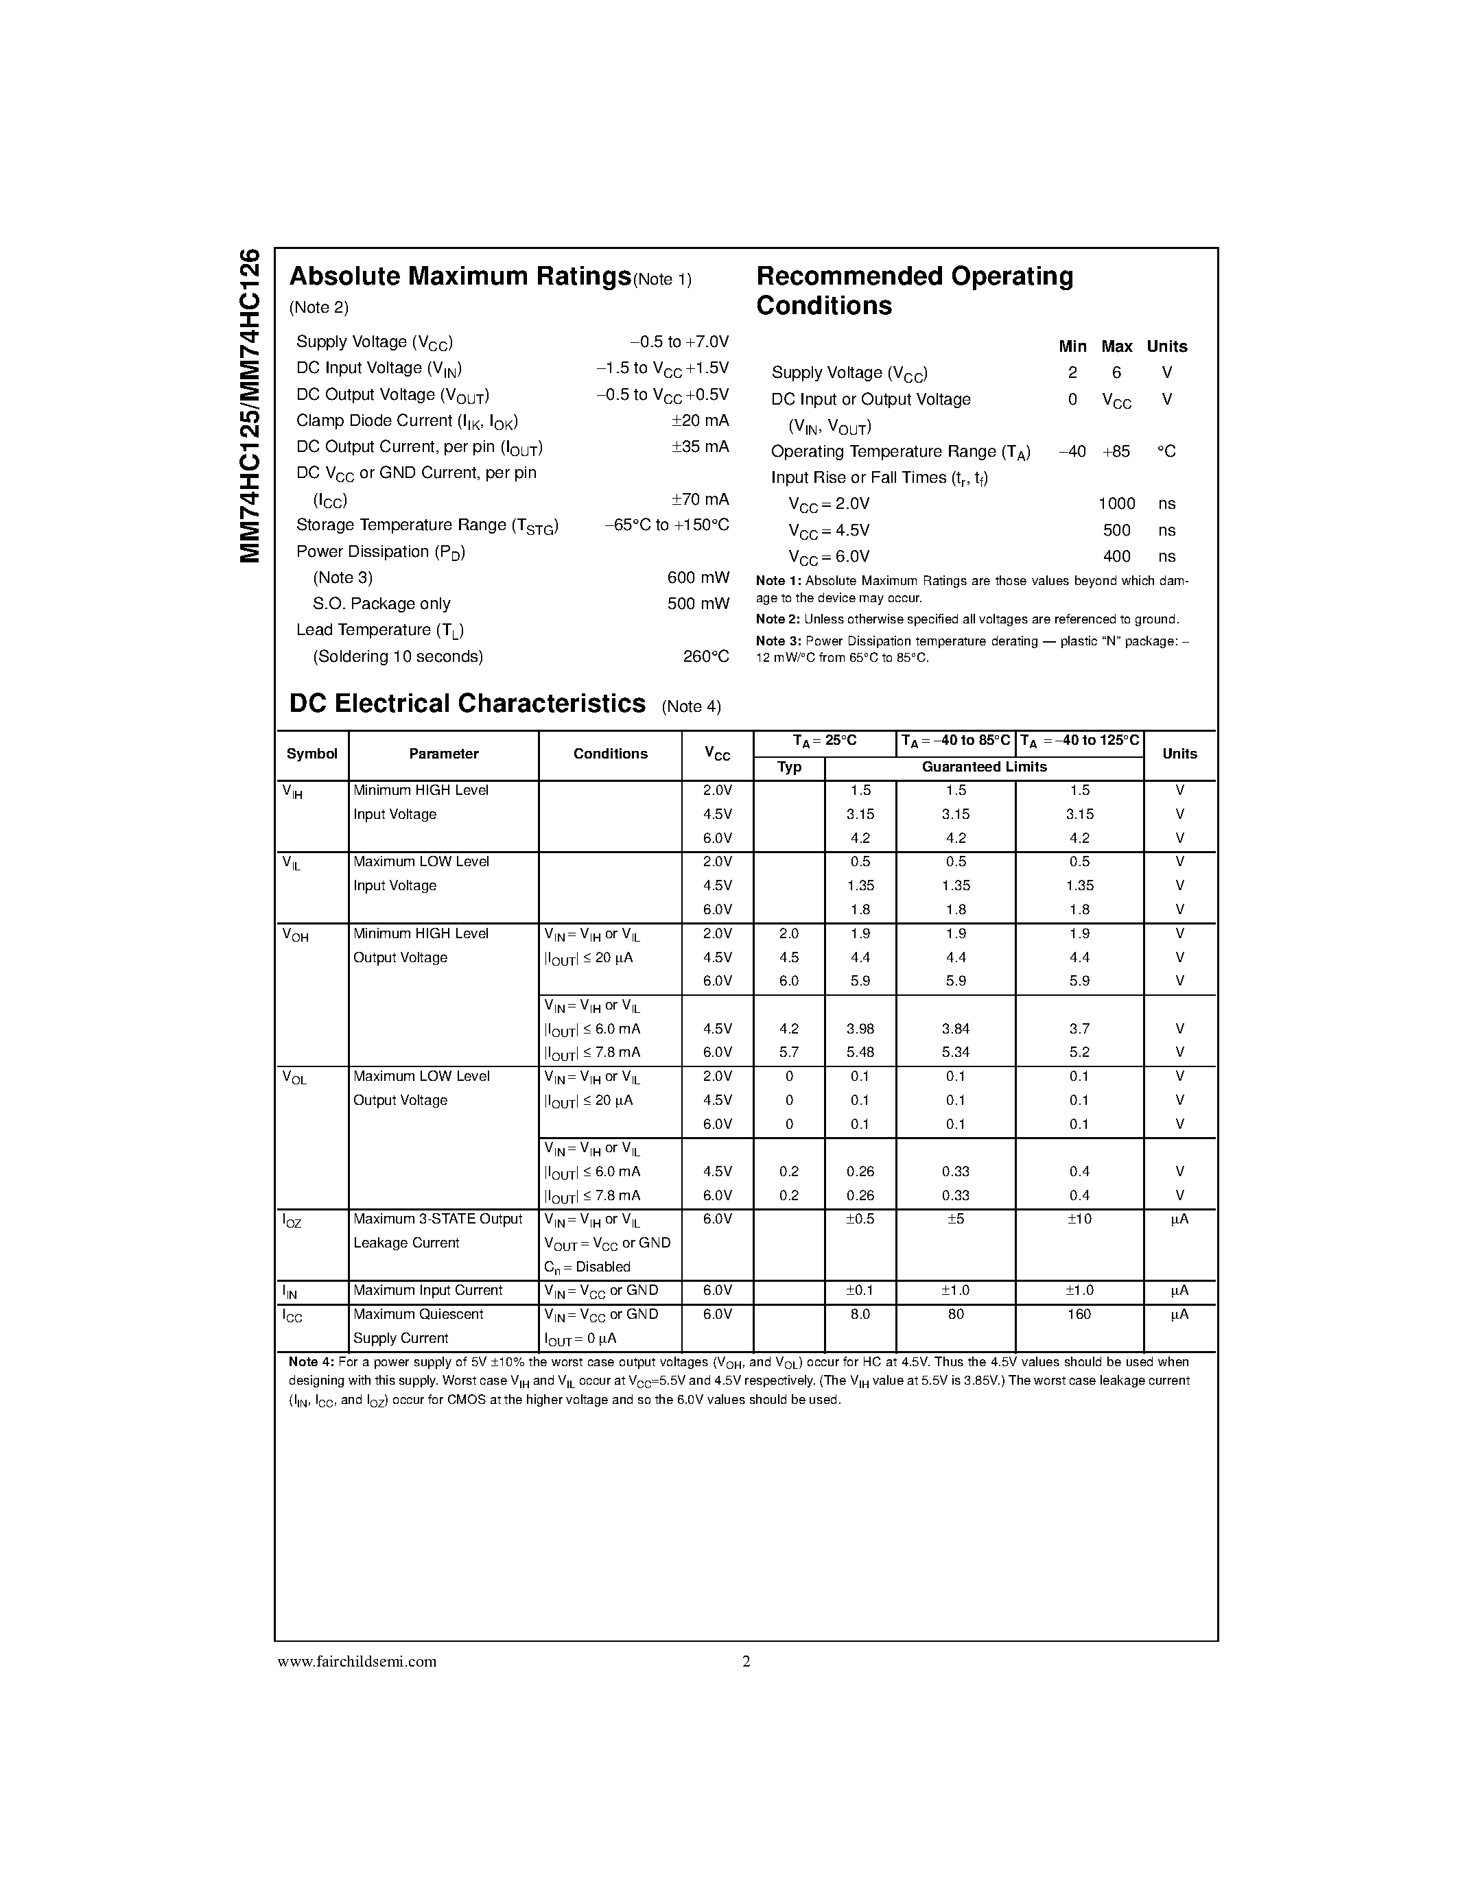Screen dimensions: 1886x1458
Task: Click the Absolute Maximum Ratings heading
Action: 460,276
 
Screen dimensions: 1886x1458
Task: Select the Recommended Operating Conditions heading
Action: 914,290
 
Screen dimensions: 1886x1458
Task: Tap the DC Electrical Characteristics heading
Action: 467,704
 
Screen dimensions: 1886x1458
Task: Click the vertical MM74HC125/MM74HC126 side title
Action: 250,406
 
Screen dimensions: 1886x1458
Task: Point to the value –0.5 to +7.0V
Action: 679,342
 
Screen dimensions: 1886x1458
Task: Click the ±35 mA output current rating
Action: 700,446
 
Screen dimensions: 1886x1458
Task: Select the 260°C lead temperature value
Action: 706,656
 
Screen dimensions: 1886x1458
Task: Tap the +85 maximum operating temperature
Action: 1116,452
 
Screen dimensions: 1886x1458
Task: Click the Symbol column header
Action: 311,754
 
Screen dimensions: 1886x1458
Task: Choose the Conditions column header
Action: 610,754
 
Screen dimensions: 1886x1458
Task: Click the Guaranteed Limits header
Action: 984,767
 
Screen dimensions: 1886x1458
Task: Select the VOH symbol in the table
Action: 294,935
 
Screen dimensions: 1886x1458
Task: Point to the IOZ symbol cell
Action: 292,1221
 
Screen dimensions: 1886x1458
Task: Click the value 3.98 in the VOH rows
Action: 860,1029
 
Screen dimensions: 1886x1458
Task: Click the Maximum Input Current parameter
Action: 427,1290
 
